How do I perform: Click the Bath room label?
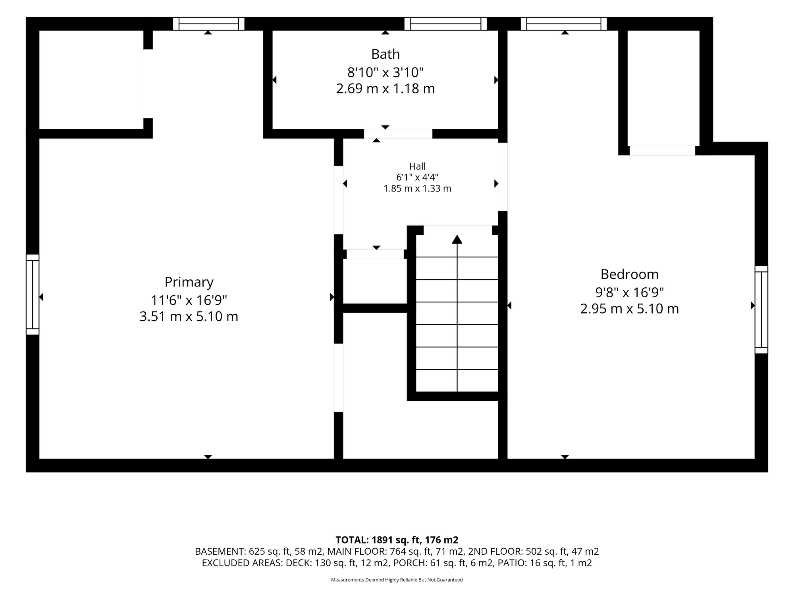click(385, 54)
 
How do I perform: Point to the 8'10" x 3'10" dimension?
click(385, 73)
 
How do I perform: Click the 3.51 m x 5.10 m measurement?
click(189, 316)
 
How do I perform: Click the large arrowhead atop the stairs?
click(457, 239)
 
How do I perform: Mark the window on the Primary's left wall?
click(32, 295)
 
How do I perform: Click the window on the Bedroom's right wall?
click(761, 310)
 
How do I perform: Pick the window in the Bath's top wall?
click(445, 24)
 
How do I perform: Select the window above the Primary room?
click(209, 24)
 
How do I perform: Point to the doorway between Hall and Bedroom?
click(502, 177)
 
